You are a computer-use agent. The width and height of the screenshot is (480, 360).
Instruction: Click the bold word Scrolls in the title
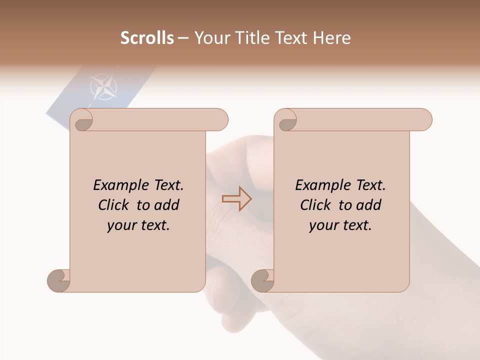(147, 38)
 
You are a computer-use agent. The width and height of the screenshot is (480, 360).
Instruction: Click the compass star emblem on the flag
(104, 86)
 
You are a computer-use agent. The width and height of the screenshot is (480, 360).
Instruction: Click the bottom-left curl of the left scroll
(58, 281)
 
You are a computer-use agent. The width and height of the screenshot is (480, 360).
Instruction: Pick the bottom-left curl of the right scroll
(262, 281)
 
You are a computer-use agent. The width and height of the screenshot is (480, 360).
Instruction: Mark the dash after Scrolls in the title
(183, 38)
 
